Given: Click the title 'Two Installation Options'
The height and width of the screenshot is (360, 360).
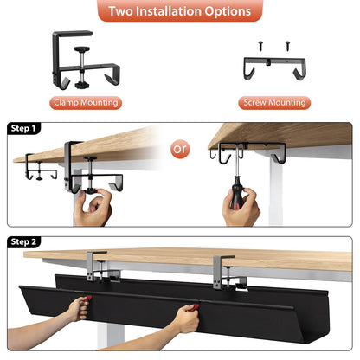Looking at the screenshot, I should [180, 12].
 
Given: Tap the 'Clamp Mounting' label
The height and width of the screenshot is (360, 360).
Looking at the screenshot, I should [85, 103].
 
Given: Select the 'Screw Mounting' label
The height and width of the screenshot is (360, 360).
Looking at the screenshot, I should [274, 103].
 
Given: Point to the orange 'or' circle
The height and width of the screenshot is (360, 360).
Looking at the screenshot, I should [180, 149].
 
